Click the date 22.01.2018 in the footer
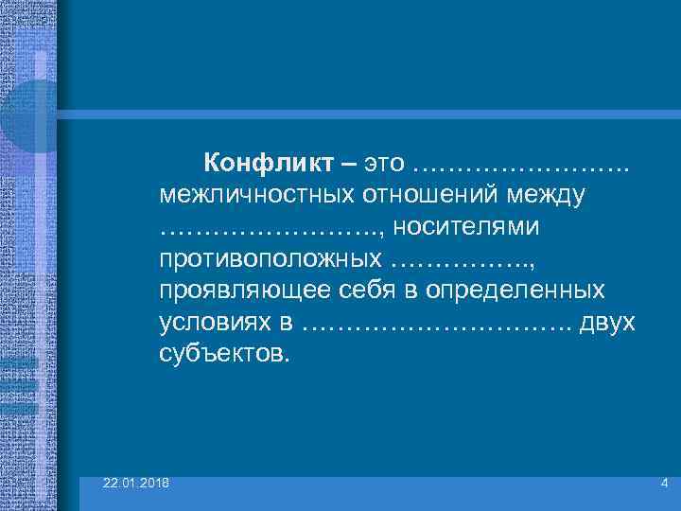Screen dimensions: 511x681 (137, 485)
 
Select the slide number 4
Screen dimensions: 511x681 (664, 485)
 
